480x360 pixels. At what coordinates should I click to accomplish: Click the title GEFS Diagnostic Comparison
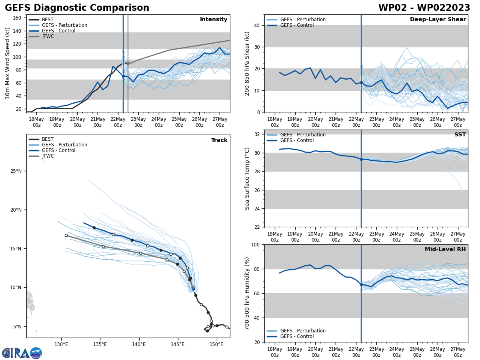point(77,8)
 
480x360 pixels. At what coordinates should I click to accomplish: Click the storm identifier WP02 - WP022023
point(424,8)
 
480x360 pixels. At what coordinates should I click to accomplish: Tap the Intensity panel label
point(213,20)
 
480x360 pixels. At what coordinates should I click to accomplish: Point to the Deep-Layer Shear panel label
point(438,20)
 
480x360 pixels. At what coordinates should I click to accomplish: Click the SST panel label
point(460,135)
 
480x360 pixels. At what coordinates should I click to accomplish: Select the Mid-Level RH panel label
point(445,250)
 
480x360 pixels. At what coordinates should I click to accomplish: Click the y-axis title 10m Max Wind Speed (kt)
point(8,63)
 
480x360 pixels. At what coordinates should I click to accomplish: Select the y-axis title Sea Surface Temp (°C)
point(247,178)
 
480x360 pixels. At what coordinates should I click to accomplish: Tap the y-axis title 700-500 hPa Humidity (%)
point(247,293)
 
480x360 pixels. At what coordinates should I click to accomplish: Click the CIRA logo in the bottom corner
point(22,353)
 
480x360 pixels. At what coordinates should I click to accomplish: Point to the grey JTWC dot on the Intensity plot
point(128,63)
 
